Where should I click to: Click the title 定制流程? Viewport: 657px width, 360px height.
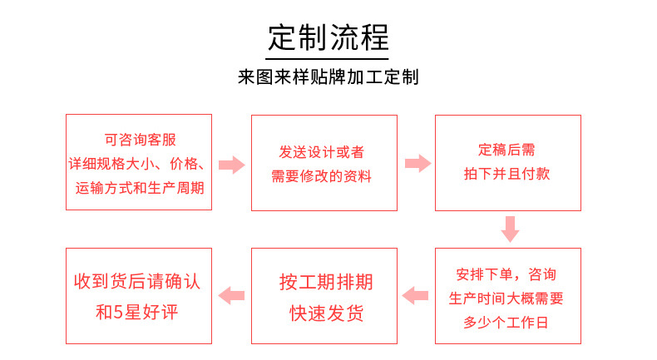coord(328,38)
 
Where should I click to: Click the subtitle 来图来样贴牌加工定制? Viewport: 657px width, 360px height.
coord(328,77)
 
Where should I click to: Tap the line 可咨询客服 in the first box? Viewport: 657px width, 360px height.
coord(140,141)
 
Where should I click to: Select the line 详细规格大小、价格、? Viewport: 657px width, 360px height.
coord(140,163)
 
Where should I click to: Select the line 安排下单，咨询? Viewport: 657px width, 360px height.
coord(506,274)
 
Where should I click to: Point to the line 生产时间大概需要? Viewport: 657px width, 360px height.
coord(506,297)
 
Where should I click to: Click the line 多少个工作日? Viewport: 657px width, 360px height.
coord(506,321)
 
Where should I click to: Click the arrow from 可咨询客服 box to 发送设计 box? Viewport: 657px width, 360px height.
coord(232,164)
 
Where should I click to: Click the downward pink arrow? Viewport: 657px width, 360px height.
coord(510,229)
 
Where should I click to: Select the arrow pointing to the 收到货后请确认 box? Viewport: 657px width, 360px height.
coord(231,295)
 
